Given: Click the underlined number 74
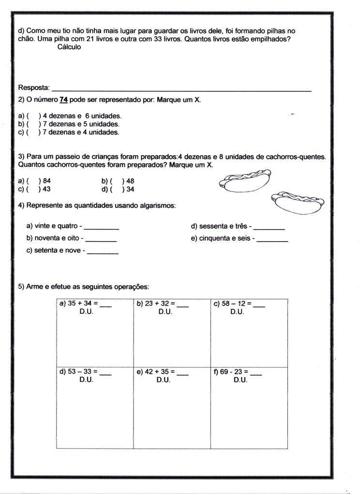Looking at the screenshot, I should pos(63,100).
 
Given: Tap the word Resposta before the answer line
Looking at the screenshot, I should pos(33,87).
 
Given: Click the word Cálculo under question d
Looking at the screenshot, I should pos(69,47).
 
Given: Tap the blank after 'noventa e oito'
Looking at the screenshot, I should pos(101,239).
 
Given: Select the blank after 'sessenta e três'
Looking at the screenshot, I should pos(269,227).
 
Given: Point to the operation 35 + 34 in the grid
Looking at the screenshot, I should pos(82,304).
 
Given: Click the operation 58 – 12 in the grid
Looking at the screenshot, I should pos(237,304).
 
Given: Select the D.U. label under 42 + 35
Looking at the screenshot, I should pos(164,380).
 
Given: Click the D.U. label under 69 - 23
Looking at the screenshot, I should pos(240,380).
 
